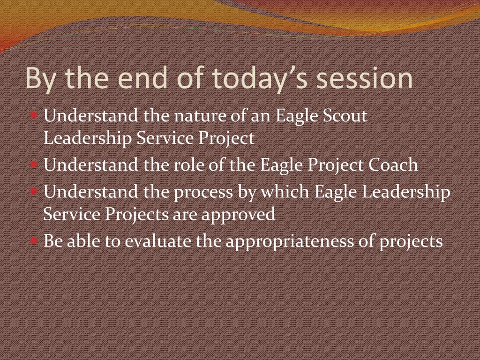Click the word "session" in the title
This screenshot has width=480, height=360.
[x=364, y=79]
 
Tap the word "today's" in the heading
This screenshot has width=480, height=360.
[x=259, y=80]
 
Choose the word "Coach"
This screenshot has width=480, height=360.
[x=393, y=165]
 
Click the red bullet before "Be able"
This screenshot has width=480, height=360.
[x=34, y=240]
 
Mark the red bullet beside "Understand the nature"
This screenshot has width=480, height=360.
[x=34, y=115]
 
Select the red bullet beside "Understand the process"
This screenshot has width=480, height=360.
[x=34, y=191]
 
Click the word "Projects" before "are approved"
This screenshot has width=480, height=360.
[x=137, y=215]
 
